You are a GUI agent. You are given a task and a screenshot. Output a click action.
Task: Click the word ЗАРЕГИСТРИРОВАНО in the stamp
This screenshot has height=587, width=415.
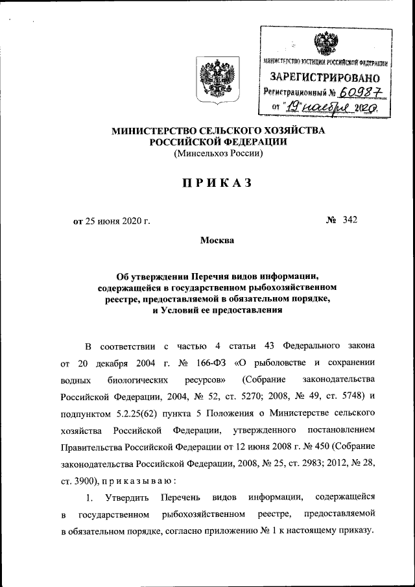click(325, 78)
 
